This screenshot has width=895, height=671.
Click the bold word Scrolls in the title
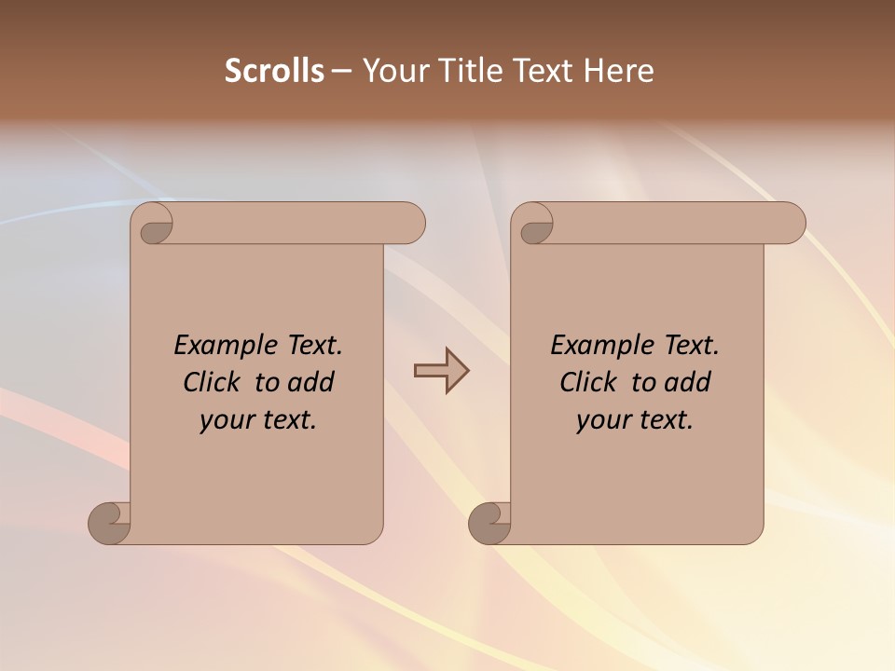274,70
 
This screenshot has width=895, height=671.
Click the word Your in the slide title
392,70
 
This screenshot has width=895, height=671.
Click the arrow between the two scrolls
441,371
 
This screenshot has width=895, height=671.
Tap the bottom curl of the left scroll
110,523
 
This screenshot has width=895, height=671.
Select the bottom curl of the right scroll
489,523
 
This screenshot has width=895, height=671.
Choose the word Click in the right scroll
588,383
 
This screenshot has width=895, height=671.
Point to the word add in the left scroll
311,383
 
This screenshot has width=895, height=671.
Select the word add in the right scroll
688,383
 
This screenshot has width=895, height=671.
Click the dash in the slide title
340,71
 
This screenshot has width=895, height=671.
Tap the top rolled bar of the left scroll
298,224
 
